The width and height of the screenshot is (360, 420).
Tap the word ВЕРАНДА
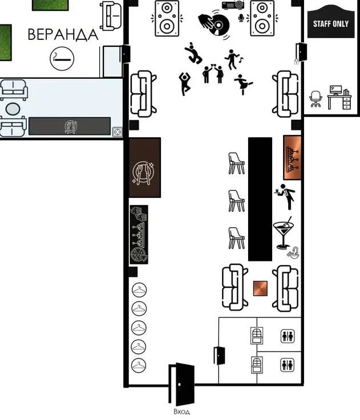[63, 35]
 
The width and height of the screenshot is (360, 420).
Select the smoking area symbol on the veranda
[62, 59]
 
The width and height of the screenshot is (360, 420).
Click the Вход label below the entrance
[181, 411]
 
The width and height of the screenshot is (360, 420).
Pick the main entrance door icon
[181, 384]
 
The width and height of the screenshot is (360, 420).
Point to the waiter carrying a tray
[285, 197]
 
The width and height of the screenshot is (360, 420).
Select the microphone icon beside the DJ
[241, 18]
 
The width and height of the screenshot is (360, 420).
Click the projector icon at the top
[233, 5]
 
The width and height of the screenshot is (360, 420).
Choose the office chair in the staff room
[315, 99]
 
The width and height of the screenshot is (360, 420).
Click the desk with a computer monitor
[339, 97]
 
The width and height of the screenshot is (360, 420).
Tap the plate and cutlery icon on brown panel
[143, 173]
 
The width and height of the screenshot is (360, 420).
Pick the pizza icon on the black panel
[139, 255]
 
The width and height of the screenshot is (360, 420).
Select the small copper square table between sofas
[260, 288]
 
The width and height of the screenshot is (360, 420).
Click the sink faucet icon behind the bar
[293, 252]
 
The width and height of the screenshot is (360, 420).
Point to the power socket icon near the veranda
[118, 132]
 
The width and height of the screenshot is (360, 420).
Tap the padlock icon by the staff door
[296, 62]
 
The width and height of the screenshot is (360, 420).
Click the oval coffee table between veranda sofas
[13, 109]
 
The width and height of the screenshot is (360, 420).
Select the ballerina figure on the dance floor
[243, 84]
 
